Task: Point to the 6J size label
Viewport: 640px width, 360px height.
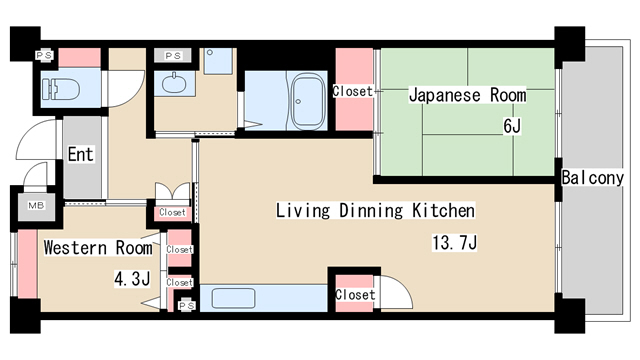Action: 512,128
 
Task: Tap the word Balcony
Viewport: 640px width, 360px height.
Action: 593,178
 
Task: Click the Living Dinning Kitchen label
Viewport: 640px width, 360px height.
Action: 374,211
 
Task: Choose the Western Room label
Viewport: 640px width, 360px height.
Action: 98,247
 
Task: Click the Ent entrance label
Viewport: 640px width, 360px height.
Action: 80,155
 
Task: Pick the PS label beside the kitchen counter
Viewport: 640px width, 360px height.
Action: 187,306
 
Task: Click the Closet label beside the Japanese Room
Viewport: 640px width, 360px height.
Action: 352,91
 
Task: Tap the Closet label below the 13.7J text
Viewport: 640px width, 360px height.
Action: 354,295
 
